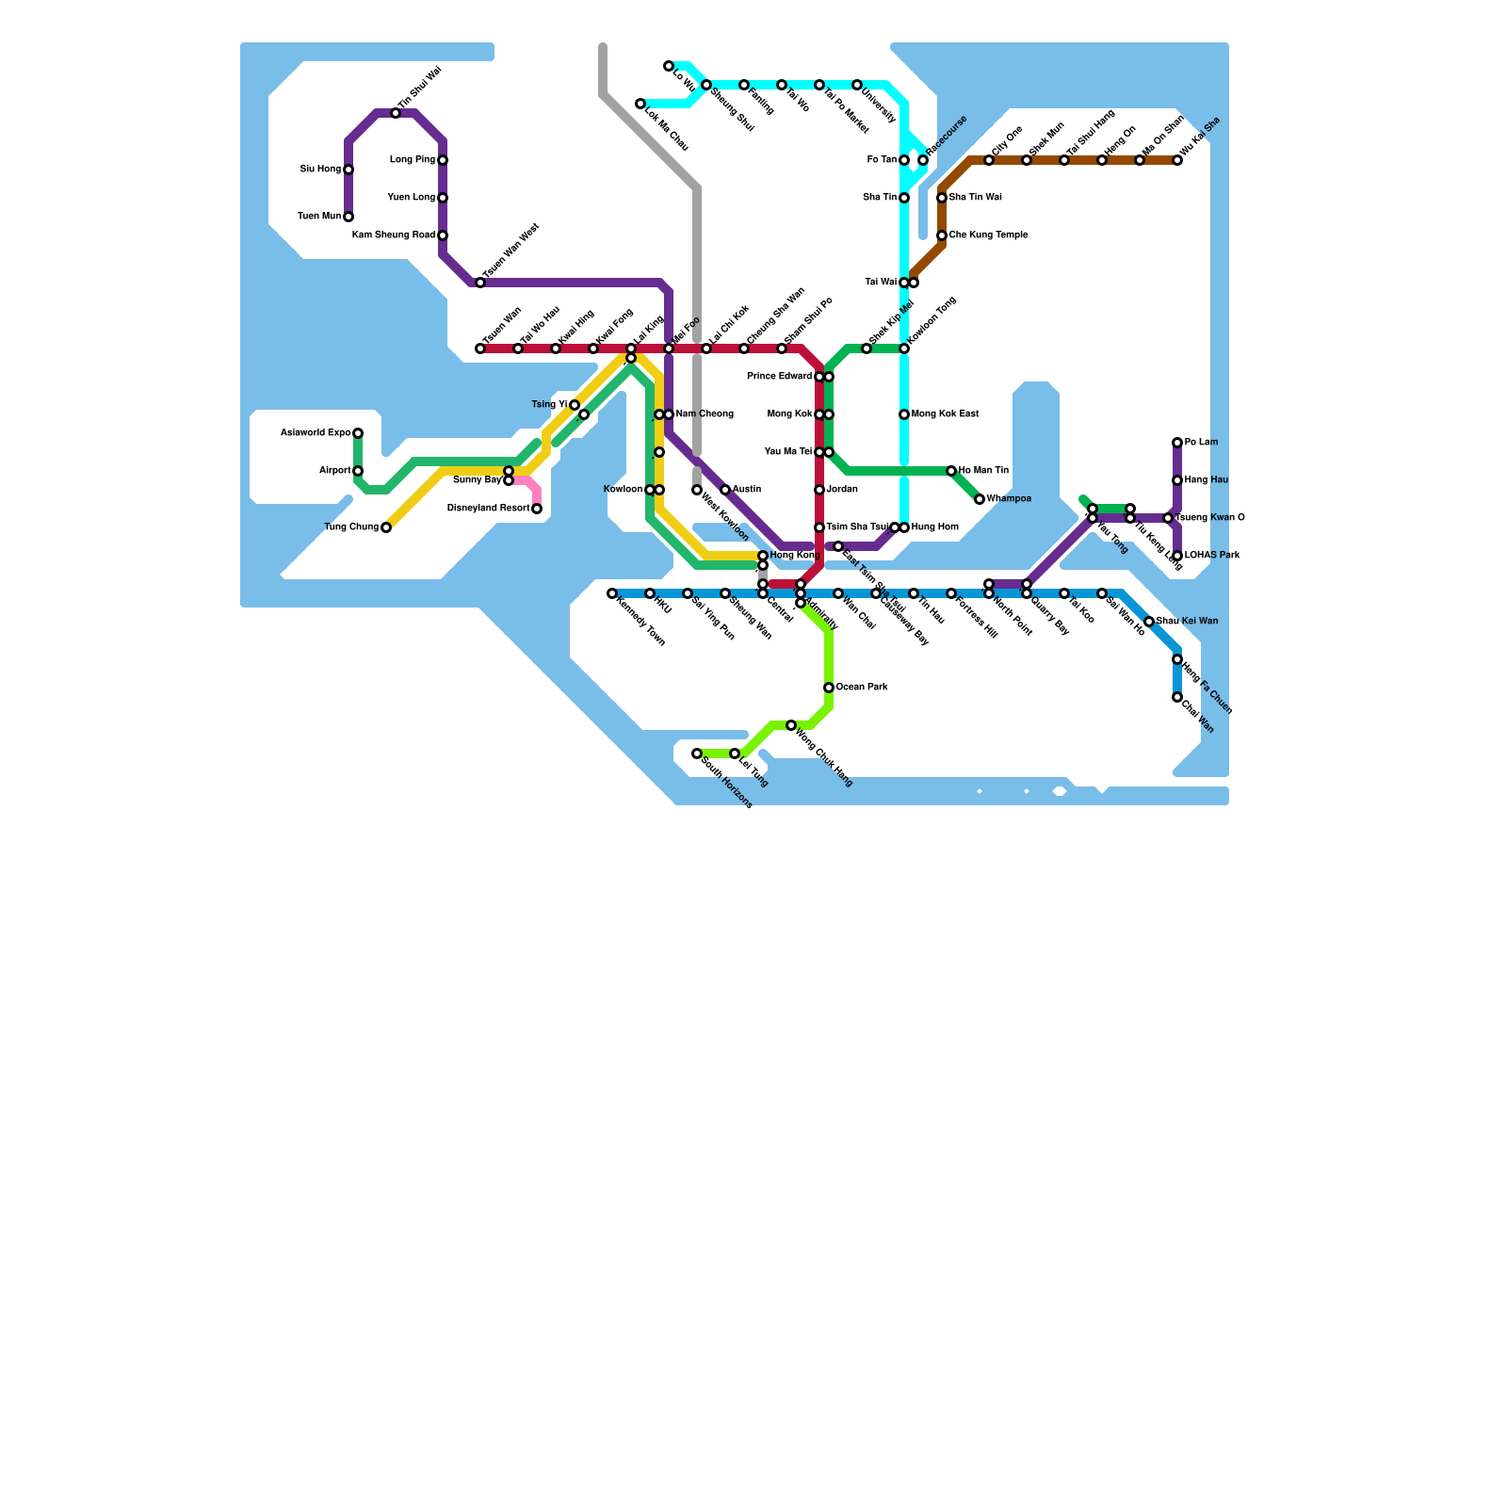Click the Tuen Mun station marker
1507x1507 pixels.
click(348, 217)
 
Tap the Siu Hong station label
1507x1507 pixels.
click(320, 170)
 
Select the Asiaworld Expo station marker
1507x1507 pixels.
click(358, 433)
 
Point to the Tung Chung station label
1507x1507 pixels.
click(351, 527)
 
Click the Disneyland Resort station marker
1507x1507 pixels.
click(537, 509)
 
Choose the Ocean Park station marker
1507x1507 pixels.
click(829, 688)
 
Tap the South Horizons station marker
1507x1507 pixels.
click(697, 753)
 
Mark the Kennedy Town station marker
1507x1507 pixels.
click(612, 593)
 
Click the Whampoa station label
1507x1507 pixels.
click(1009, 499)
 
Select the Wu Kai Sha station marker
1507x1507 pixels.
click(1177, 160)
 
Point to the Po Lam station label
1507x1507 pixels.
click(1201, 443)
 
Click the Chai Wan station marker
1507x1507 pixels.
click(1177, 697)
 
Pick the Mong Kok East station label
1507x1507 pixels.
click(946, 414)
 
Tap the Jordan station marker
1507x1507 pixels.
click(819, 490)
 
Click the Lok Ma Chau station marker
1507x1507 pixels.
click(640, 104)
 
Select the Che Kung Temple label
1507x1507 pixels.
click(988, 235)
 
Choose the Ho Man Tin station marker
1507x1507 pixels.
click(951, 471)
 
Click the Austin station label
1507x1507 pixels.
click(747, 490)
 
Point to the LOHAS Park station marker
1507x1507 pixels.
click(1177, 556)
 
